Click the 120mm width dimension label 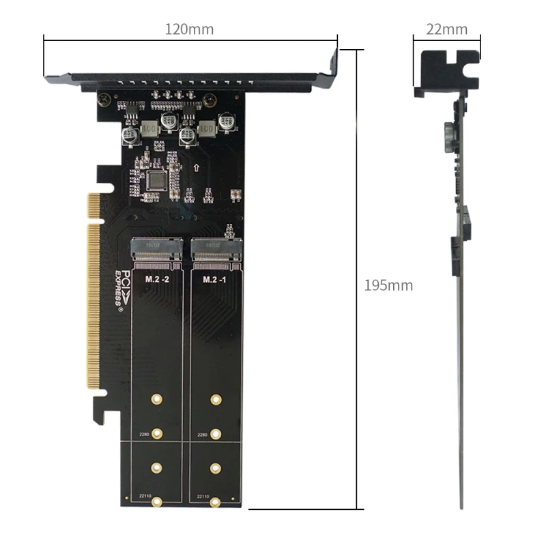pyautogui.click(x=189, y=29)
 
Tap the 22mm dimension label pyautogui.click(x=446, y=29)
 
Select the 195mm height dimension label pyautogui.click(x=388, y=285)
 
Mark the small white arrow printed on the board pyautogui.click(x=197, y=167)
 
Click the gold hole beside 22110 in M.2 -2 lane pyautogui.click(x=157, y=502)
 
